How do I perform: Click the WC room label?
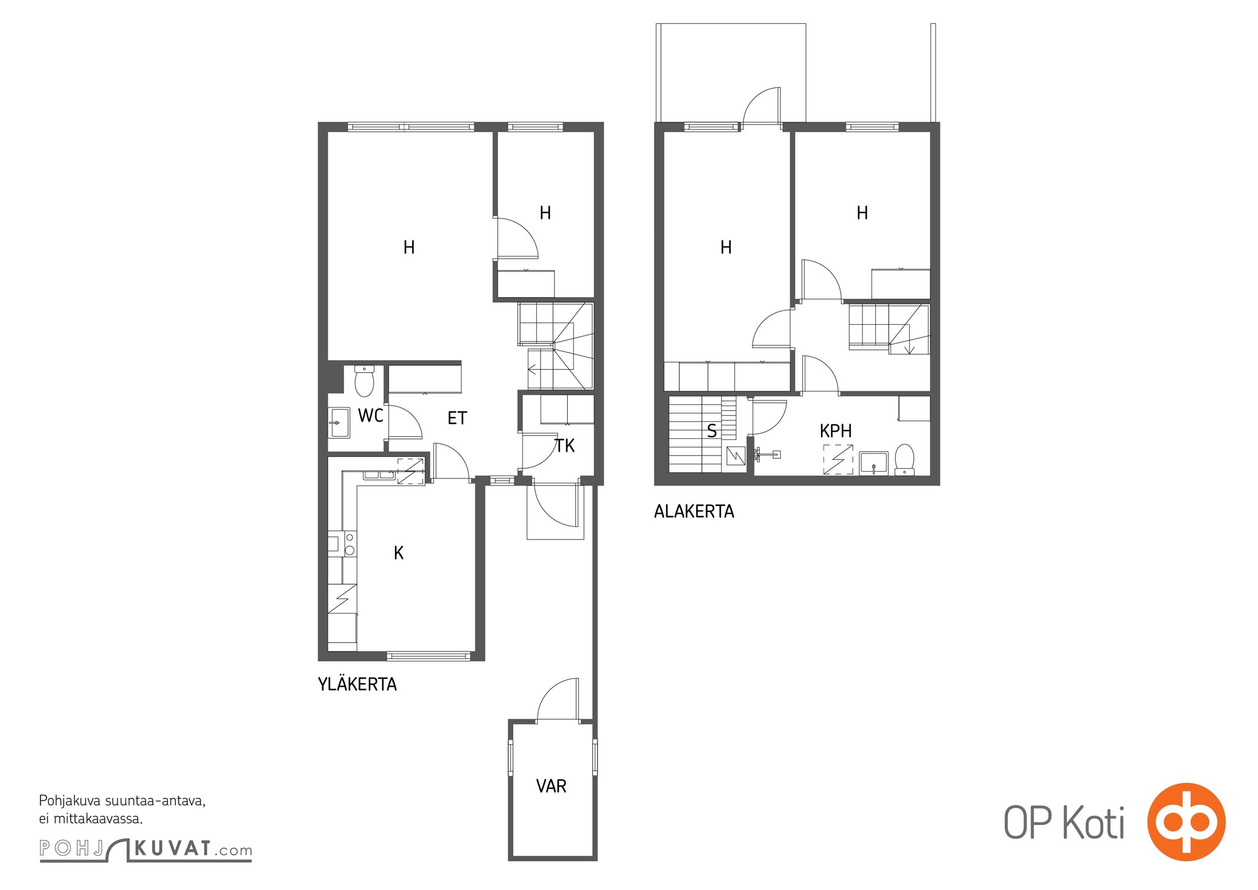click(370, 416)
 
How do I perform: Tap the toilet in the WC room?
click(364, 380)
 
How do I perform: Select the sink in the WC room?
click(339, 423)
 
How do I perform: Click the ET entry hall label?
click(457, 418)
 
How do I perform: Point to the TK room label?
click(564, 446)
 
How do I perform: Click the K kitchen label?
click(399, 553)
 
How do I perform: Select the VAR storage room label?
click(551, 786)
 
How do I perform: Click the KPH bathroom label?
click(835, 431)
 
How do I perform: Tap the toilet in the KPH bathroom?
click(904, 459)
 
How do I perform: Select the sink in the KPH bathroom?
click(874, 463)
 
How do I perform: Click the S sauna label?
click(712, 432)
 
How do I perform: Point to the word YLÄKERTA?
click(357, 684)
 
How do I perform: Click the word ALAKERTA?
click(694, 512)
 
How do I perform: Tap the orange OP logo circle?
click(1186, 822)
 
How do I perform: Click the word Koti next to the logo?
click(1093, 823)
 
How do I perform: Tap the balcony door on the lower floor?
click(762, 107)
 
